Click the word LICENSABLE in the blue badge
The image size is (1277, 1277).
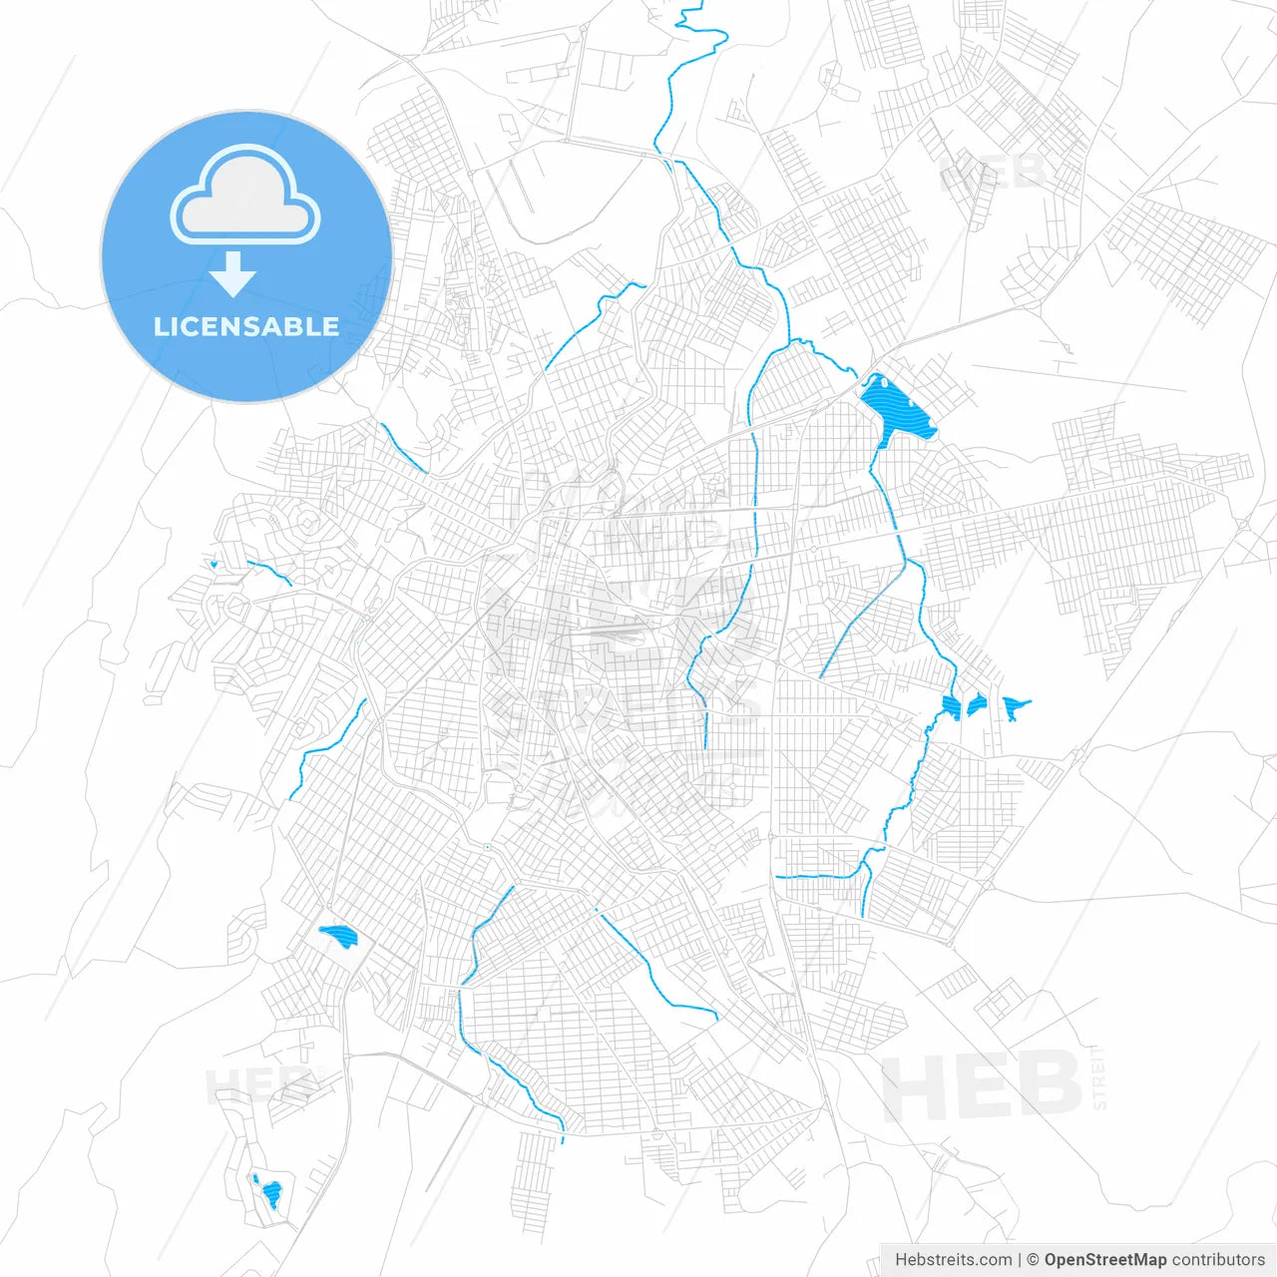[246, 327]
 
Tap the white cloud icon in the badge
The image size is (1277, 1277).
[245, 196]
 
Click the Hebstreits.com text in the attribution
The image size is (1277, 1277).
[953, 1260]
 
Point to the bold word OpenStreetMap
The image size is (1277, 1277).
[1104, 1260]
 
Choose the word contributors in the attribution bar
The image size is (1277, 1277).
[1218, 1260]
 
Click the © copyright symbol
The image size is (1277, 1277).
[1034, 1260]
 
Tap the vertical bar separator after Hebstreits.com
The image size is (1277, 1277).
[1020, 1260]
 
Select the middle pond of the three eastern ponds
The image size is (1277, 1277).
[976, 705]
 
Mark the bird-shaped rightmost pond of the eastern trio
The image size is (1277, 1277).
[1015, 707]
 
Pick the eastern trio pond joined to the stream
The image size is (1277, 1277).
[951, 707]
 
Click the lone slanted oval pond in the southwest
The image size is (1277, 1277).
[338, 936]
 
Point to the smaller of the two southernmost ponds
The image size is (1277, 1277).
[255, 1179]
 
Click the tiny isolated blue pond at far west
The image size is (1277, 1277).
[213, 565]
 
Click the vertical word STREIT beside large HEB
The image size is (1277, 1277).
[1099, 1077]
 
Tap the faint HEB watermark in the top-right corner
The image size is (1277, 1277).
[993, 172]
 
